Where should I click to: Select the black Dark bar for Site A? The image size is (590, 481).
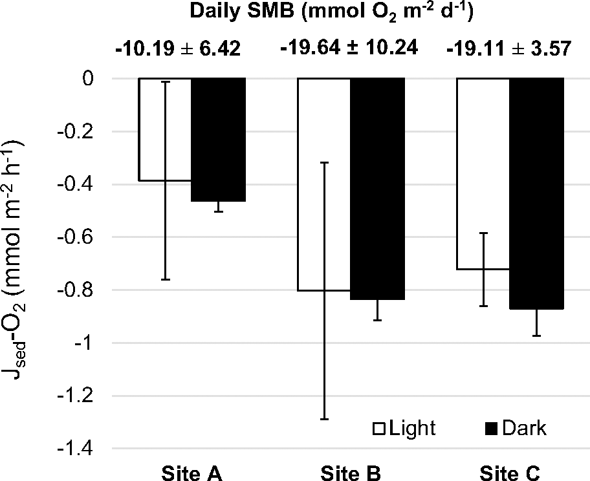(x=219, y=140)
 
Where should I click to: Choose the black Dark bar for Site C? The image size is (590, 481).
(x=537, y=193)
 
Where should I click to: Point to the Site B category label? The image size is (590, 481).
(x=351, y=472)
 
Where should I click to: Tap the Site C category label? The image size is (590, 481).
(x=511, y=472)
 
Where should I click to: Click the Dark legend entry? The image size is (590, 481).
(x=516, y=428)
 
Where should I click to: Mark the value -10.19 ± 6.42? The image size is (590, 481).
(x=178, y=49)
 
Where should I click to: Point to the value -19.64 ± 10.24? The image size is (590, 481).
(x=348, y=49)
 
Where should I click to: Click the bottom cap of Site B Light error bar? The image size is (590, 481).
(x=324, y=420)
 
